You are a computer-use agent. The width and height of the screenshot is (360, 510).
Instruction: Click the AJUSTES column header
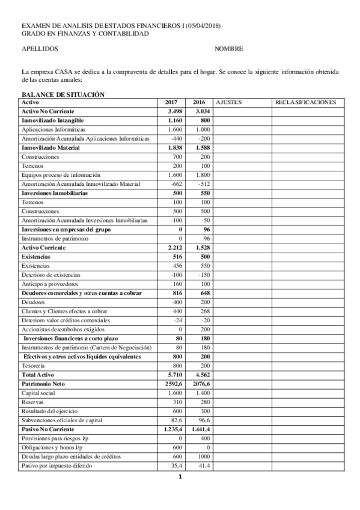coord(228,103)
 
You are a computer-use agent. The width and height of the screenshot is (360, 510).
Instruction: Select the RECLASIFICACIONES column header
coord(305,103)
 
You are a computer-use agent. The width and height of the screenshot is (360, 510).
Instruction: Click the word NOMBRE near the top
coord(228,49)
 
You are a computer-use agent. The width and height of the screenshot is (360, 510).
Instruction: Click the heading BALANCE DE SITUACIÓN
coord(63,94)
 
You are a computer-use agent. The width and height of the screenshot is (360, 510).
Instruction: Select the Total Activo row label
coord(38,374)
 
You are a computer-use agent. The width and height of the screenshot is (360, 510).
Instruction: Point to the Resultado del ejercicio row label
coord(49,411)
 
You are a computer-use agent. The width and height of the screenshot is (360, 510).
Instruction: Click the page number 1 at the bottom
coord(180,478)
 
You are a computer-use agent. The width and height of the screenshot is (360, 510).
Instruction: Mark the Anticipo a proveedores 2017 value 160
coord(177,284)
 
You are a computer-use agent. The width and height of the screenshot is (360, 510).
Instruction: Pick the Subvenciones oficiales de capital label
coord(58,420)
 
